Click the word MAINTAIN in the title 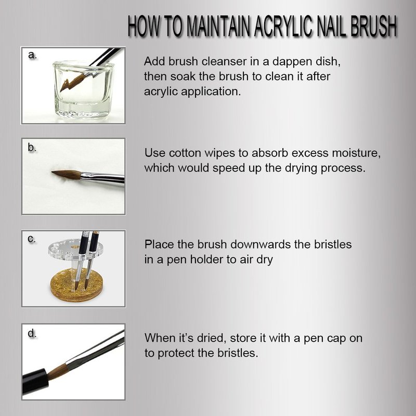(x=219, y=27)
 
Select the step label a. (x=32, y=55)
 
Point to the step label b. (x=32, y=148)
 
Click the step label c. (x=32, y=239)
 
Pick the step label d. (x=32, y=333)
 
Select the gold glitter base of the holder (x=76, y=285)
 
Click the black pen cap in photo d (x=35, y=381)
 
